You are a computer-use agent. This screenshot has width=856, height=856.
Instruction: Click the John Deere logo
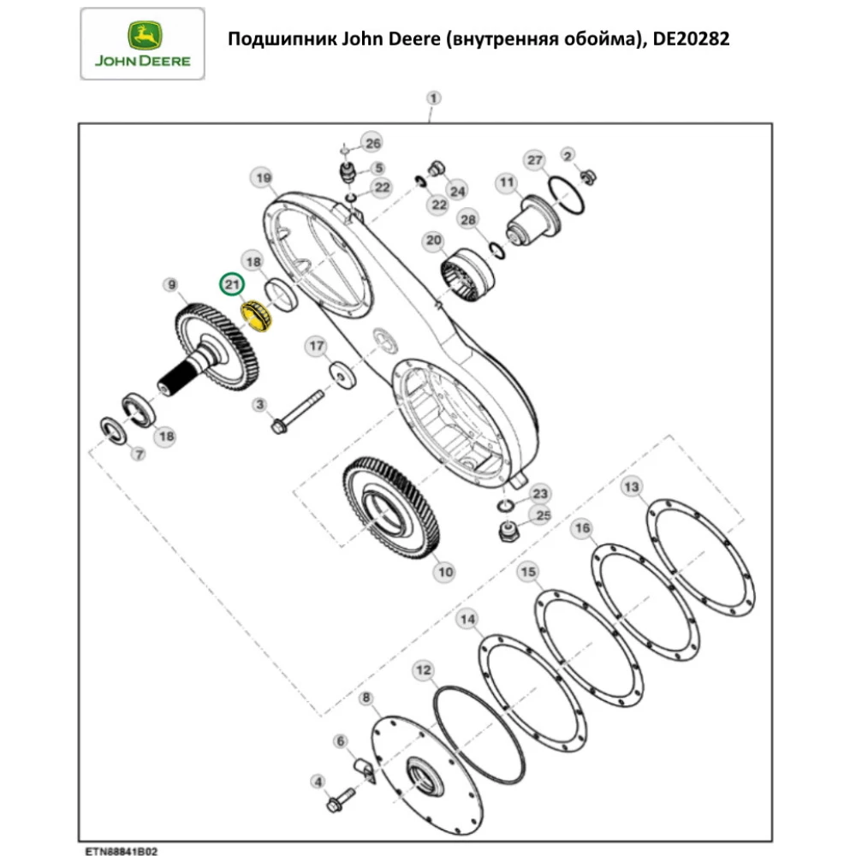coord(142,44)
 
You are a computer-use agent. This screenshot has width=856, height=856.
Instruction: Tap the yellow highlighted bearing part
coord(253,318)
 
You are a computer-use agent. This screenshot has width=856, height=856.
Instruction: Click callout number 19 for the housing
coord(261,178)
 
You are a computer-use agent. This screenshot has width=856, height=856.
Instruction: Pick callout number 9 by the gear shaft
coord(171,284)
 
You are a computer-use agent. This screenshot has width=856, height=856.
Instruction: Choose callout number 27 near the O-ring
coord(535,161)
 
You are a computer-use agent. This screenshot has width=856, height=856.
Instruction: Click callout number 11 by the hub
coord(507,182)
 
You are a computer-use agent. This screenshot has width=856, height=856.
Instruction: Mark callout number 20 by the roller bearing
coord(434,241)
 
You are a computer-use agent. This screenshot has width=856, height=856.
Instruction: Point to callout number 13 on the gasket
coord(631,487)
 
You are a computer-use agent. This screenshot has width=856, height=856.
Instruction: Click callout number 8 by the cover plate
coord(367,699)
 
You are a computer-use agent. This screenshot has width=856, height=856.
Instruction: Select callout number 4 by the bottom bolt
coord(318,781)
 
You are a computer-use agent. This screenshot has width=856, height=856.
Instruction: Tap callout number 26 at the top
coord(372,142)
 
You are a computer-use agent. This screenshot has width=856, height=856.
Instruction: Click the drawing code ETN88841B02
coord(120,851)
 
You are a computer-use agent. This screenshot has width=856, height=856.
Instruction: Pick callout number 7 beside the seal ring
coord(138,455)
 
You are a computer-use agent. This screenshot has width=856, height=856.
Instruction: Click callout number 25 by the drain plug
coord(542,514)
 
